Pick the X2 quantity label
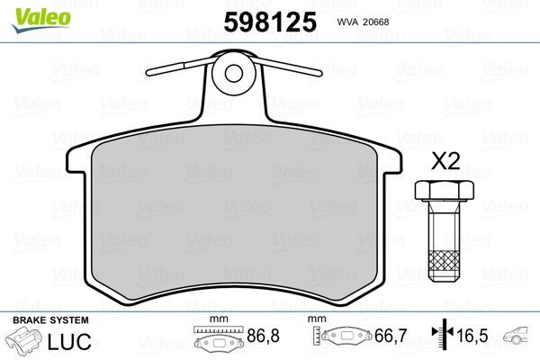click(445, 162)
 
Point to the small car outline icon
click(517, 339)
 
